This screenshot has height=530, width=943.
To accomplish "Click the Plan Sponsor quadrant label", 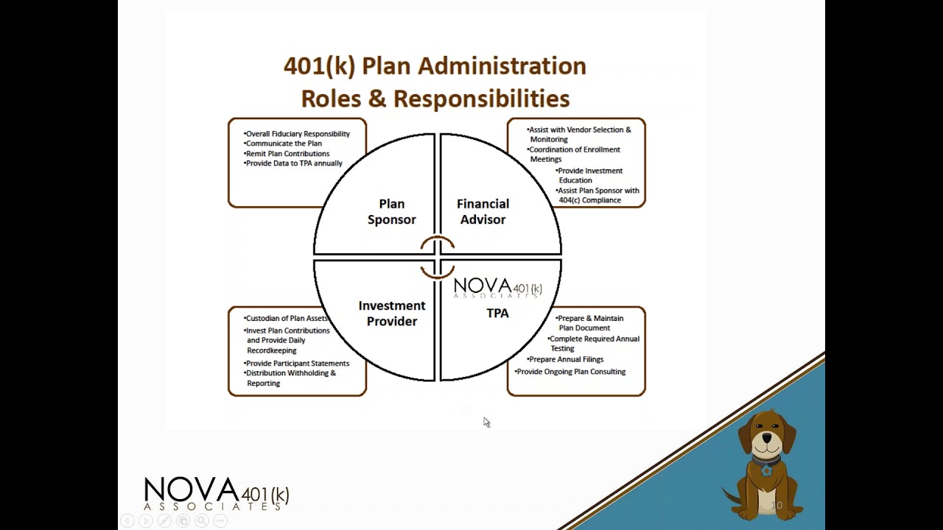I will point(392,211).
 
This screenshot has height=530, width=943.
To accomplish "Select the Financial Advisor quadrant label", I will point(483,211).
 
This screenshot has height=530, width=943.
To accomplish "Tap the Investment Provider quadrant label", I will point(392,313).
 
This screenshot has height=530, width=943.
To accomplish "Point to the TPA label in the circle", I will point(497,313).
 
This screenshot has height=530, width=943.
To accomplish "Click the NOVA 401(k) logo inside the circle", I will point(497,287).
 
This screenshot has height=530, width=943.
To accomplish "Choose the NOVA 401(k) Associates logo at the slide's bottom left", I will point(217,493).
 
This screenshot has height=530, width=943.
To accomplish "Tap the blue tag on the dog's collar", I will point(767,470).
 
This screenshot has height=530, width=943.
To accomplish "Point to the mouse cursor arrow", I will point(486,422).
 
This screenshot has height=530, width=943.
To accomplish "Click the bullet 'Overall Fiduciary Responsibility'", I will point(298,134).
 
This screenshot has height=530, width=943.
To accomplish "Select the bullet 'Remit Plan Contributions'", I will point(287,153).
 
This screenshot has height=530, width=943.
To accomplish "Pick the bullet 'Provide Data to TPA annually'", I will point(294,163).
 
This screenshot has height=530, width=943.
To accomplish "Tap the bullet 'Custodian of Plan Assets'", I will point(287,318).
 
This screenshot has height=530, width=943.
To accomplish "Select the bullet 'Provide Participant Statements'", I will point(297,363).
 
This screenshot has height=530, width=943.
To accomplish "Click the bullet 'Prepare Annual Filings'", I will point(566,359).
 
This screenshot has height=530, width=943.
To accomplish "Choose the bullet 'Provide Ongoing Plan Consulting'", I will point(571,372).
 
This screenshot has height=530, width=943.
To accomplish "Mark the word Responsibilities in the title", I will point(481,99).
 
